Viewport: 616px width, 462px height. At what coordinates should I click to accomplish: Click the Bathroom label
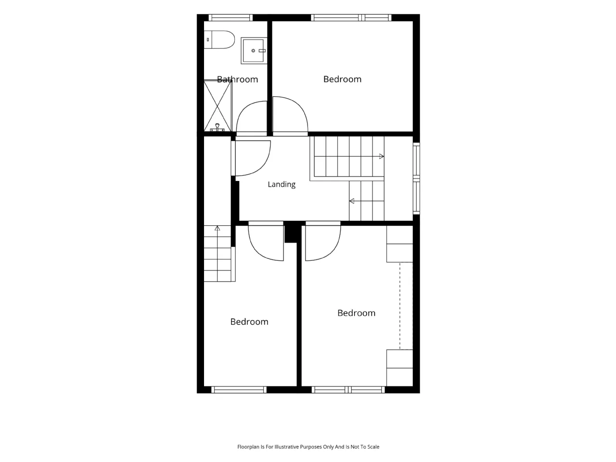tap(237, 79)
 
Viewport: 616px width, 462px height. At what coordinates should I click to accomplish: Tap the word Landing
tap(281, 184)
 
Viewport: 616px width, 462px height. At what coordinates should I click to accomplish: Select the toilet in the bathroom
tap(219, 39)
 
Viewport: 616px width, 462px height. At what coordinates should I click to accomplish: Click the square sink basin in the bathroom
tap(253, 51)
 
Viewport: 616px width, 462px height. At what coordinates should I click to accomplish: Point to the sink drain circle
tap(253, 51)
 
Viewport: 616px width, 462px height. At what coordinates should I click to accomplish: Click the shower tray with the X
tap(218, 106)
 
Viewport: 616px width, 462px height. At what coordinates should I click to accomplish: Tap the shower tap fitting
tap(217, 128)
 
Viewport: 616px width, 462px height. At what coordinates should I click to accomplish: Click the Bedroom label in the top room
tap(342, 79)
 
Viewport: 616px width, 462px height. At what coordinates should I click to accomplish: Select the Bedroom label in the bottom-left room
tap(249, 322)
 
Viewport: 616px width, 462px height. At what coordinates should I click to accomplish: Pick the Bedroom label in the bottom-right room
tap(356, 313)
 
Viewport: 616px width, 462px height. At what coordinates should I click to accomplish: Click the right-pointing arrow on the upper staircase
tap(381, 156)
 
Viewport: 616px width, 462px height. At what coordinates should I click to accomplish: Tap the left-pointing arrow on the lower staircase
tap(352, 201)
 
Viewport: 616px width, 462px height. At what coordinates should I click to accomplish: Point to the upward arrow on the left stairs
tap(217, 228)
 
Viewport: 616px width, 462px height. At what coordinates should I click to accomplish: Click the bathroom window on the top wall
tap(231, 18)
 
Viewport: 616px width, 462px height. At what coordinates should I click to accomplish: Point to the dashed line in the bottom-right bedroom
tap(400, 306)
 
